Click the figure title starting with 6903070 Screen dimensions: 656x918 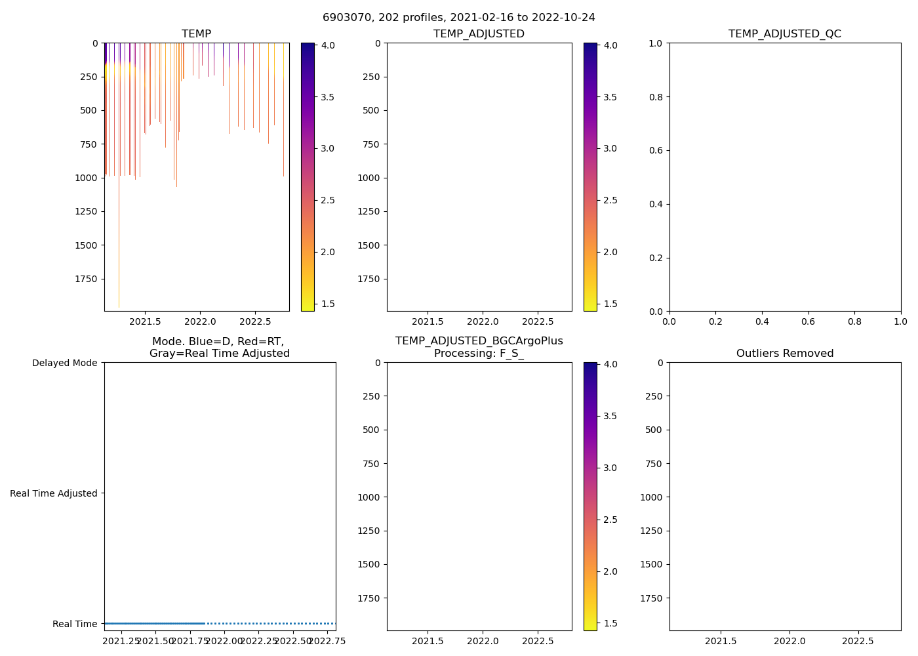point(458,18)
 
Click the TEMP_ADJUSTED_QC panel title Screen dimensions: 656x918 point(784,34)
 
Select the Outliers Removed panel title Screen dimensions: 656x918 point(784,354)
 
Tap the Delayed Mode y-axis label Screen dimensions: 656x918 point(64,363)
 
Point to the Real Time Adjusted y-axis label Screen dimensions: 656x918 point(53,493)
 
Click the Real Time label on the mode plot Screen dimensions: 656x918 point(75,624)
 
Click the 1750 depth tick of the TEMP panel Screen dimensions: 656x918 point(86,279)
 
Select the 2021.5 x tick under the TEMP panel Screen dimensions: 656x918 point(145,321)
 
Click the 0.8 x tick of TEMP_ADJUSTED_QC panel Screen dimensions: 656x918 point(854,321)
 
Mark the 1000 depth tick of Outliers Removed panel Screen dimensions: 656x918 point(651,497)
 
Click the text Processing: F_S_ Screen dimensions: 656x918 point(479,354)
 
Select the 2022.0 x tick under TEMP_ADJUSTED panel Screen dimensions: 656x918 point(483,321)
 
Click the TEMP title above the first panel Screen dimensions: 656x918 point(196,34)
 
